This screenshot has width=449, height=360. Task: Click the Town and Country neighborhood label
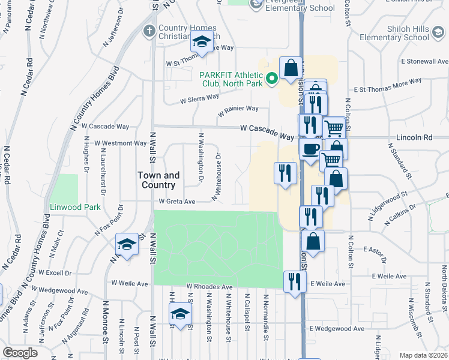pos(158,180)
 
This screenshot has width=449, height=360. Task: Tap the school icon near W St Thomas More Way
pos(202,42)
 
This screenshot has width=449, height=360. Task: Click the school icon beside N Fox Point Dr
pos(127,244)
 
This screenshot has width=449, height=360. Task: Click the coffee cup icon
pos(310,149)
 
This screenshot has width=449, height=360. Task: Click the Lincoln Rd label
pos(414,137)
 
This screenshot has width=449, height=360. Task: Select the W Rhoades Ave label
pos(209,287)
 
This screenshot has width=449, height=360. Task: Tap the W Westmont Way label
pos(121,143)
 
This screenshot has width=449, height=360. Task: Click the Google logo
pos(20,353)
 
